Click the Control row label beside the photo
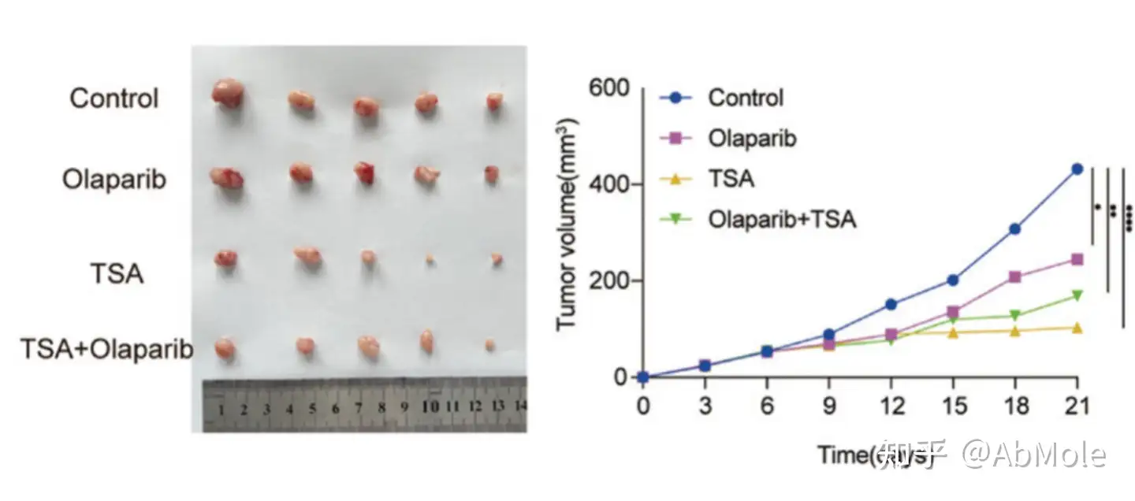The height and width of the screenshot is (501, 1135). click(x=114, y=98)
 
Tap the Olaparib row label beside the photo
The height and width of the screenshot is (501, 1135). click(x=114, y=179)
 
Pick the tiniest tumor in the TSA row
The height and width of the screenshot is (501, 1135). click(x=430, y=258)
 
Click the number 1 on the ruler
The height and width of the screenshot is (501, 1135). click(x=222, y=410)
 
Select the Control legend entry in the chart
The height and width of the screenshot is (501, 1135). click(x=745, y=98)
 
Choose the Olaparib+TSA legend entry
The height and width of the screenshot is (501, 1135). click(x=781, y=218)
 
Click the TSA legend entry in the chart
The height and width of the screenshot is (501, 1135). click(x=731, y=178)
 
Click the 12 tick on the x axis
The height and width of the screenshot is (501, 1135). click(x=891, y=407)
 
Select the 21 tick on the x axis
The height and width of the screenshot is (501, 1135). click(x=1076, y=407)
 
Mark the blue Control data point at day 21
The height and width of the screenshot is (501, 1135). click(x=1077, y=169)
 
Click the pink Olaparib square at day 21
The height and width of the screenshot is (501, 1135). click(x=1077, y=259)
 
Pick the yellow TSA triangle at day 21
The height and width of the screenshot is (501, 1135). click(x=1077, y=327)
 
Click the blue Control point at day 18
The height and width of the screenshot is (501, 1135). click(x=1015, y=228)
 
